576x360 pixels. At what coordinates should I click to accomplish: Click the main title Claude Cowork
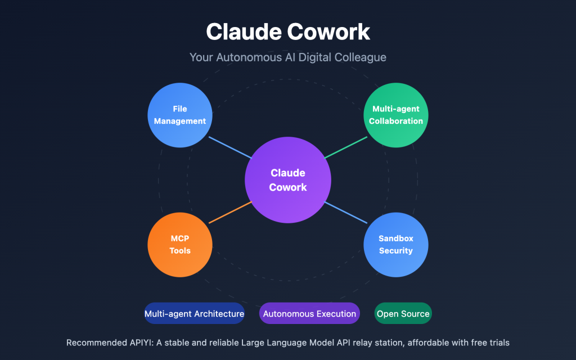[x=288, y=31]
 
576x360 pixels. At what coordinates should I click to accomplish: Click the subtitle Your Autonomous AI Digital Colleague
[x=288, y=57]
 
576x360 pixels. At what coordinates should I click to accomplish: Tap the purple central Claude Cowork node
[x=288, y=180]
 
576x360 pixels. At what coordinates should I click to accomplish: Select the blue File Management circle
[x=180, y=115]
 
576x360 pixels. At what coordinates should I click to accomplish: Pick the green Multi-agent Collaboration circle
[x=396, y=115]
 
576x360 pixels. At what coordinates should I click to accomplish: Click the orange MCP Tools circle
[x=180, y=245]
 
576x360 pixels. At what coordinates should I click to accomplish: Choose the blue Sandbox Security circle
[x=396, y=245]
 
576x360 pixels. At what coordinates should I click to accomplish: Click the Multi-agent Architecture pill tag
[x=194, y=314]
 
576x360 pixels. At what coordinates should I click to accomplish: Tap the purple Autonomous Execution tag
[x=309, y=314]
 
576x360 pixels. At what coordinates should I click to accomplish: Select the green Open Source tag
[x=403, y=314]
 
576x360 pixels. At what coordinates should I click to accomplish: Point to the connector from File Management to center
[x=230, y=147]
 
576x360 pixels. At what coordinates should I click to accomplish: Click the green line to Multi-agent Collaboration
[x=345, y=148]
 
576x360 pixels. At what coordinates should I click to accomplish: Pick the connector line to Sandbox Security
[x=345, y=212]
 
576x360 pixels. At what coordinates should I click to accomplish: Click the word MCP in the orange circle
[x=180, y=239]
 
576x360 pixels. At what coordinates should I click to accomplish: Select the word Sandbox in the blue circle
[x=396, y=239]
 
